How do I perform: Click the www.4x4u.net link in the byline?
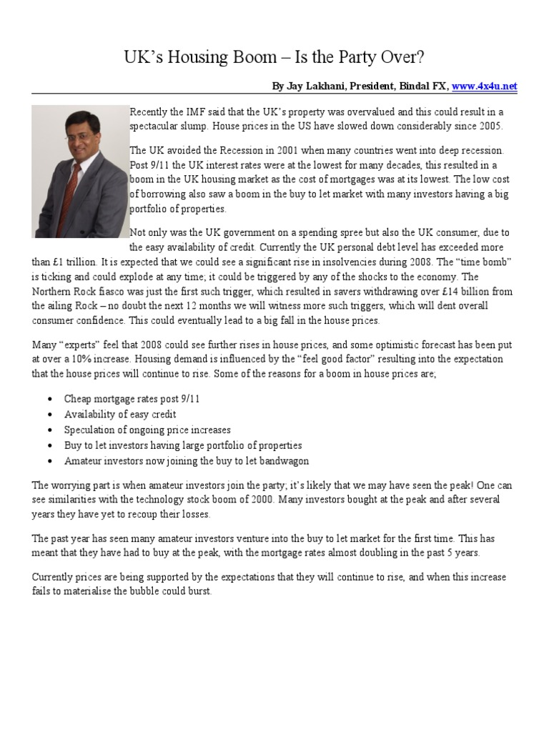(x=484, y=86)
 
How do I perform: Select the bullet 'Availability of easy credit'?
(x=120, y=415)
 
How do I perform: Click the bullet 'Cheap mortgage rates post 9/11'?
(x=132, y=399)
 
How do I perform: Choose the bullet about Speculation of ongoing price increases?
(x=147, y=430)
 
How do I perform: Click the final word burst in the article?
(x=199, y=592)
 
